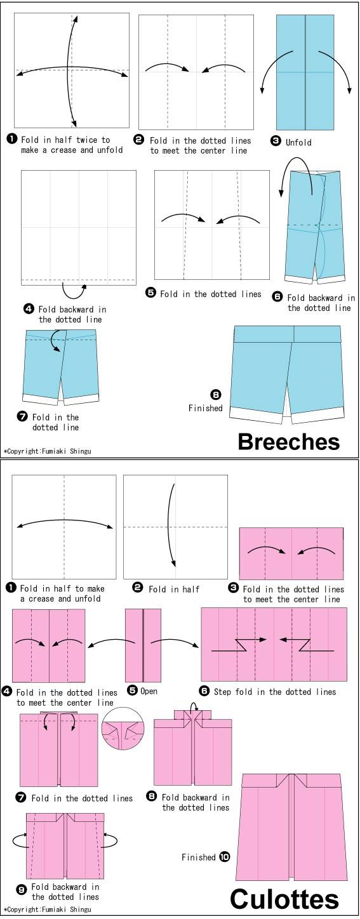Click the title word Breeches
(289, 442)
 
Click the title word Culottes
(284, 900)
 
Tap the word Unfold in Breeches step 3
(298, 143)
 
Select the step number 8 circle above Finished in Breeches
(216, 395)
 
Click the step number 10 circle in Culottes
(225, 857)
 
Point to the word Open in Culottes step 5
(149, 691)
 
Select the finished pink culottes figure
(292, 828)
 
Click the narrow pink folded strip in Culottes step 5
(143, 645)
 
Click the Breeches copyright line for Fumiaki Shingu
(48, 451)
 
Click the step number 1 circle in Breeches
(11, 138)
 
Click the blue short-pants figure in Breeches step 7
(61, 366)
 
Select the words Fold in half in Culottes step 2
(173, 589)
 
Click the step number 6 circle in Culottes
(204, 691)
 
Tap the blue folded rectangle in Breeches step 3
(305, 72)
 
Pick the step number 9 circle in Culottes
(22, 890)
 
